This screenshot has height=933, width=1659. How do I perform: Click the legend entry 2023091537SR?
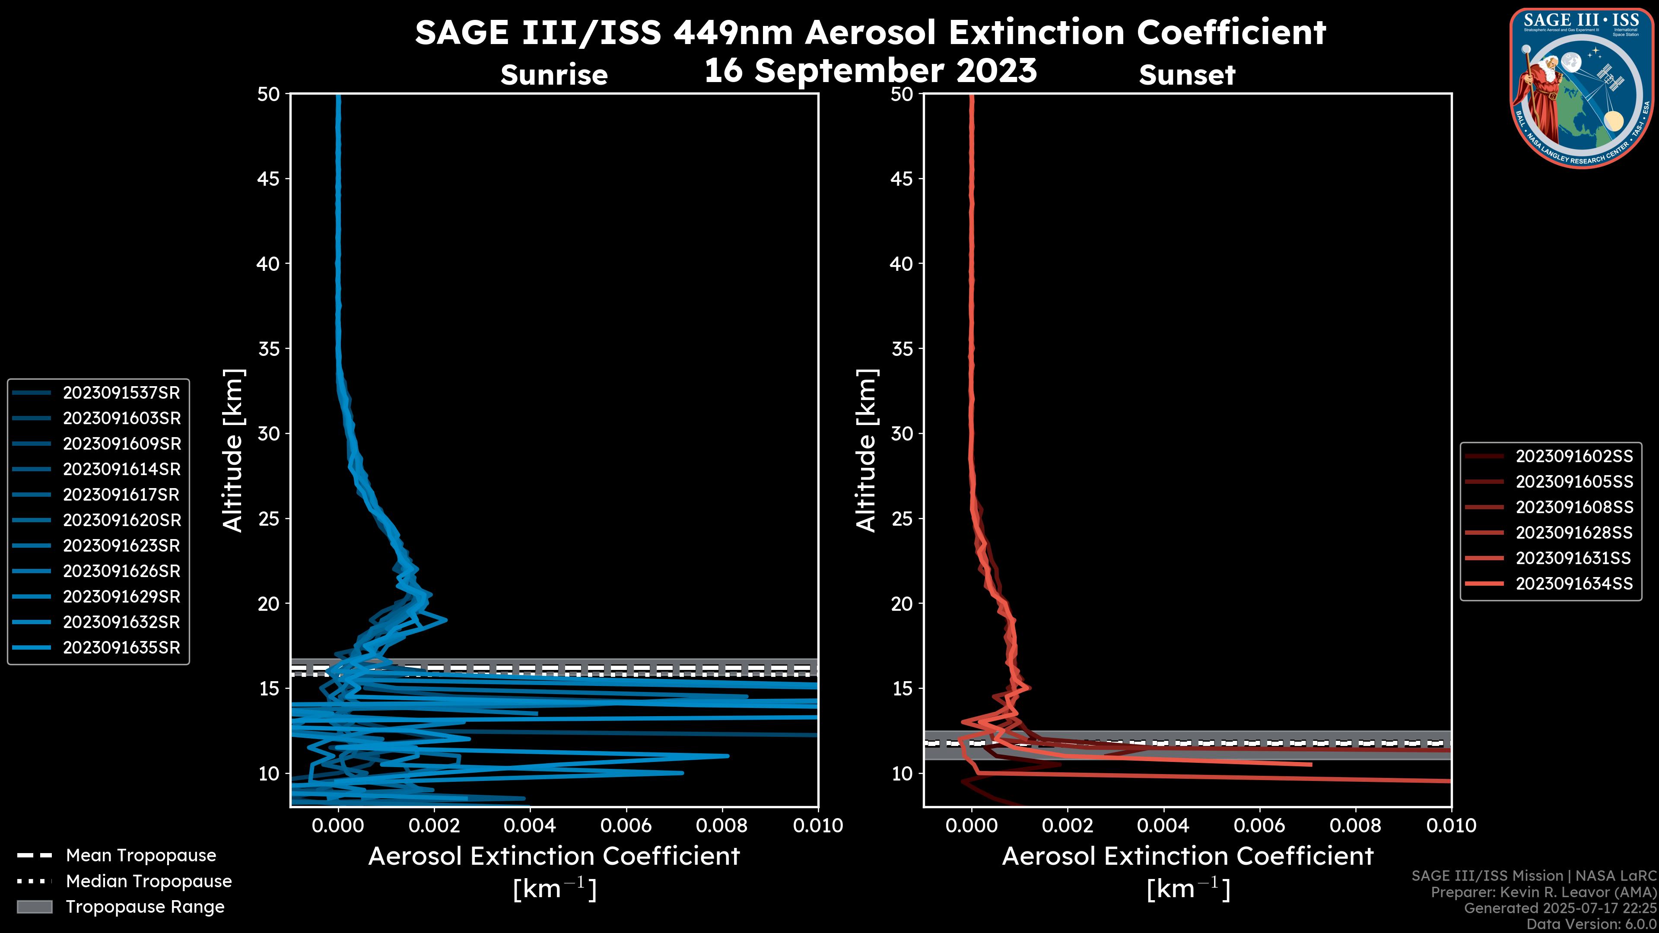tap(121, 393)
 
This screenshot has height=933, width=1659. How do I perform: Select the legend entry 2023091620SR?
tap(121, 520)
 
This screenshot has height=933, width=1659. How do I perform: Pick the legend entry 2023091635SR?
tap(121, 648)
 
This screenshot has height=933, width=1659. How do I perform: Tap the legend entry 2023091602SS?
tap(1573, 457)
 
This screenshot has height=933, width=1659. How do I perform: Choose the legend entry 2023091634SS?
tap(1573, 584)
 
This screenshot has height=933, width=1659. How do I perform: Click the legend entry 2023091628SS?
tap(1573, 533)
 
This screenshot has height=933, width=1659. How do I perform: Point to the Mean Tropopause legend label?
tap(140, 856)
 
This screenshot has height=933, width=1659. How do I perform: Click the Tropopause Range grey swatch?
tap(34, 907)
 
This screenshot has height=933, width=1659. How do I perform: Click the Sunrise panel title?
tap(554, 75)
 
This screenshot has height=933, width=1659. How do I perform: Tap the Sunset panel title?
tap(1187, 75)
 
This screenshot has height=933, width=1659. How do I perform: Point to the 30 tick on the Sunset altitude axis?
tap(902, 434)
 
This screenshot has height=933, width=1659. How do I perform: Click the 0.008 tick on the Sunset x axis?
tap(1355, 825)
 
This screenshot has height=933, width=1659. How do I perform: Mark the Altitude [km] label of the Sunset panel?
tap(866, 451)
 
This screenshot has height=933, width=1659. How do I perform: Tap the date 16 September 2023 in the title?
tap(870, 71)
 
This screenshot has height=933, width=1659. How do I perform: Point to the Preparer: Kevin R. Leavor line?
tap(1543, 892)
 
